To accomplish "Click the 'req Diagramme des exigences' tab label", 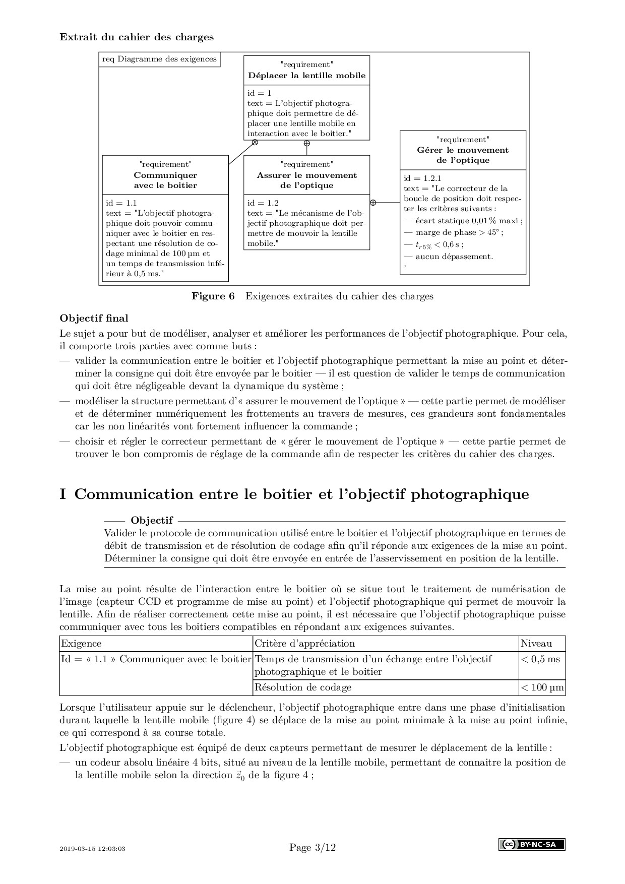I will pyautogui.click(x=159, y=59).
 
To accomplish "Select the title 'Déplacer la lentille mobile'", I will pyautogui.click(x=306, y=76).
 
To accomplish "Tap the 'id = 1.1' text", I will pyautogui.click(x=121, y=203).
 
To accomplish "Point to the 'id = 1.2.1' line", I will pyautogui.click(x=422, y=178).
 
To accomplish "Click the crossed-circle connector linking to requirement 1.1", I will pyautogui.click(x=255, y=143).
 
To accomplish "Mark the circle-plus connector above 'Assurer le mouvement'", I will pyautogui.click(x=306, y=143).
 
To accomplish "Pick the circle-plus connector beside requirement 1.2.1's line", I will pyautogui.click(x=373, y=203).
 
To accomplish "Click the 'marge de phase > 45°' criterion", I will pyautogui.click(x=459, y=232).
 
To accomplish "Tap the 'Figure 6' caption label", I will pyautogui.click(x=213, y=296).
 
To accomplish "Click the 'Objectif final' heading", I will pyautogui.click(x=94, y=319).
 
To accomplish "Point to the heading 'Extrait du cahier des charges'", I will pyautogui.click(x=137, y=37).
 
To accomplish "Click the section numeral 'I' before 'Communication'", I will pyautogui.click(x=63, y=494).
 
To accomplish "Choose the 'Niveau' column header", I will pyautogui.click(x=536, y=644).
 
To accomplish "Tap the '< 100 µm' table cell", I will pyautogui.click(x=542, y=687).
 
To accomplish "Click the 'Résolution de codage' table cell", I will pyautogui.click(x=303, y=687).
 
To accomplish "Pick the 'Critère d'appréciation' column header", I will pyautogui.click(x=304, y=644).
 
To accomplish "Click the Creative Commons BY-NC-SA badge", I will pyautogui.click(x=532, y=845).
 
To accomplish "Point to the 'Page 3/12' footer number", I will pyautogui.click(x=312, y=848).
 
